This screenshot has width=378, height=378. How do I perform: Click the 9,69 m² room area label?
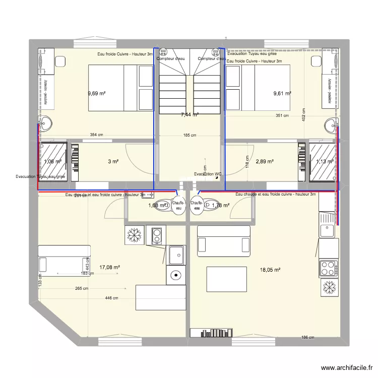[96, 93]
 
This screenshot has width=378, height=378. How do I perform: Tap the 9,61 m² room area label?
[283, 93]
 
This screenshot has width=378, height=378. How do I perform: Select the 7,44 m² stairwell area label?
[190, 115]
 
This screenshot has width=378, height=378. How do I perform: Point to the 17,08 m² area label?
[109, 268]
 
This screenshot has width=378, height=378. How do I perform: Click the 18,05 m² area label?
[270, 270]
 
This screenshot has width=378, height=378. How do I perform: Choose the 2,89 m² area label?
[265, 162]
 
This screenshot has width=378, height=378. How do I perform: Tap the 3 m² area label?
[113, 162]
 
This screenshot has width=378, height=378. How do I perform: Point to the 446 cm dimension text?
[111, 298]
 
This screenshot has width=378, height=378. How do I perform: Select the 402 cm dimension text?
[304, 114]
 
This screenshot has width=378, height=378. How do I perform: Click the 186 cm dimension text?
[308, 338]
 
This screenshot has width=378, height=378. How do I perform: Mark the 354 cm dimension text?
[96, 135]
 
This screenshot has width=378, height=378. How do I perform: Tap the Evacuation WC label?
[208, 174]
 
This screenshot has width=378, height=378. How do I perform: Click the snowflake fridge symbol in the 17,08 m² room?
[135, 235]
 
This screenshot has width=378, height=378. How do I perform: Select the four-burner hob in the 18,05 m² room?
[329, 267]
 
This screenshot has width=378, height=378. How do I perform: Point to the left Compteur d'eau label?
[170, 59]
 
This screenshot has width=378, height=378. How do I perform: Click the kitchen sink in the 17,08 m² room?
[176, 255]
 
